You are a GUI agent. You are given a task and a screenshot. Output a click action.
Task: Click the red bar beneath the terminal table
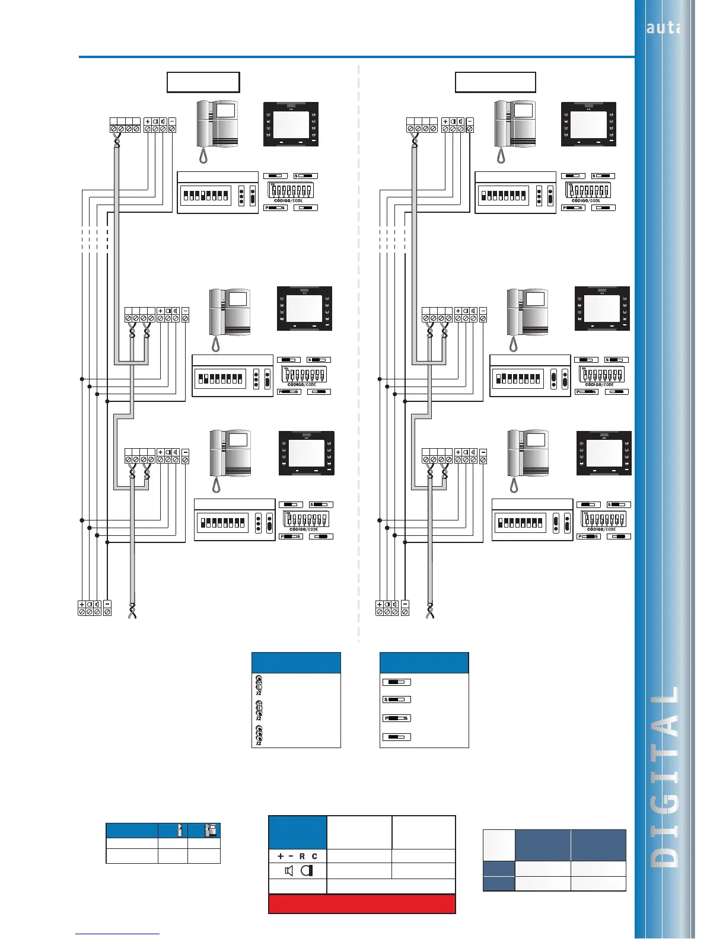pos(362,904)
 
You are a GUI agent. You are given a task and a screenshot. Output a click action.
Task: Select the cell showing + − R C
pos(297,856)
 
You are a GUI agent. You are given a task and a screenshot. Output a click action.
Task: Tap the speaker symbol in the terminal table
pos(289,871)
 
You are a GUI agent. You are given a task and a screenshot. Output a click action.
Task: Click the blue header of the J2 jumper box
pos(296,663)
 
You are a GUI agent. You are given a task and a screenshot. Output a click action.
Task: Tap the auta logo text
pos(663,28)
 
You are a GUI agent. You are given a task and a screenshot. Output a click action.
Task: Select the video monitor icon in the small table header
pos(210,830)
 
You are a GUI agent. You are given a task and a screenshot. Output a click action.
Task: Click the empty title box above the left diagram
pos(203,82)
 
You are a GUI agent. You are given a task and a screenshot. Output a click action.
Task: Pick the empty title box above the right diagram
pos(495,82)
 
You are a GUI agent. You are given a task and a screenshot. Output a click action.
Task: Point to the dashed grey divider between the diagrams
pos(359,356)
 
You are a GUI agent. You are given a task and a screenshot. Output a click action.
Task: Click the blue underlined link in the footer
pos(117,934)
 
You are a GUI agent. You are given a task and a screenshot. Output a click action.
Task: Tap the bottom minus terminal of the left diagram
pos(107,608)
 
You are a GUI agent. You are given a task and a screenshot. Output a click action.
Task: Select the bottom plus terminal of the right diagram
pos(380,608)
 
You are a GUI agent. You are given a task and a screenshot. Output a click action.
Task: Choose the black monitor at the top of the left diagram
pos(291,124)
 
